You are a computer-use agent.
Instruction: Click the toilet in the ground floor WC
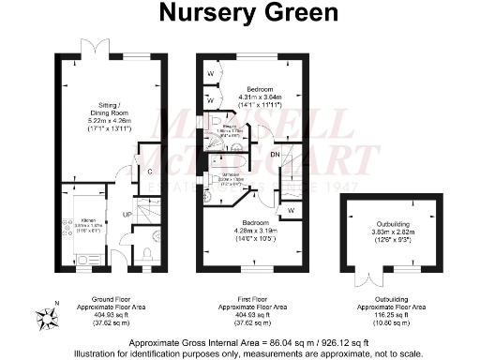point(148,252)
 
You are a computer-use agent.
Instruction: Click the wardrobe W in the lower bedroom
point(293,210)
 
